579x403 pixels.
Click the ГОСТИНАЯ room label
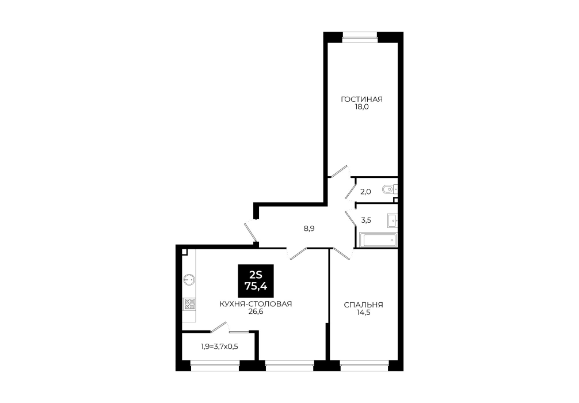point(361,100)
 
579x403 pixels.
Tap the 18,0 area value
point(362,107)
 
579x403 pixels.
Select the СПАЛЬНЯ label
point(363,305)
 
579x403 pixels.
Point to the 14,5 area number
point(363,313)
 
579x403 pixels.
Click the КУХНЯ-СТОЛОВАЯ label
point(256,304)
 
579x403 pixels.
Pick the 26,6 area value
point(256,312)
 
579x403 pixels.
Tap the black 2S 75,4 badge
point(256,281)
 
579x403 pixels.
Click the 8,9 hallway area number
point(309,229)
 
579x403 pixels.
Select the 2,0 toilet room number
point(365,192)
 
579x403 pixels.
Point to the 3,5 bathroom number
point(366,220)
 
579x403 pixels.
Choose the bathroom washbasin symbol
point(392,220)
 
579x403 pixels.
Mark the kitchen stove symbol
point(190,304)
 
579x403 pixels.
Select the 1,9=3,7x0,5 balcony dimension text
point(219,347)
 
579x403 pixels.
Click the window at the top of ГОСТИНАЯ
point(360,35)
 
